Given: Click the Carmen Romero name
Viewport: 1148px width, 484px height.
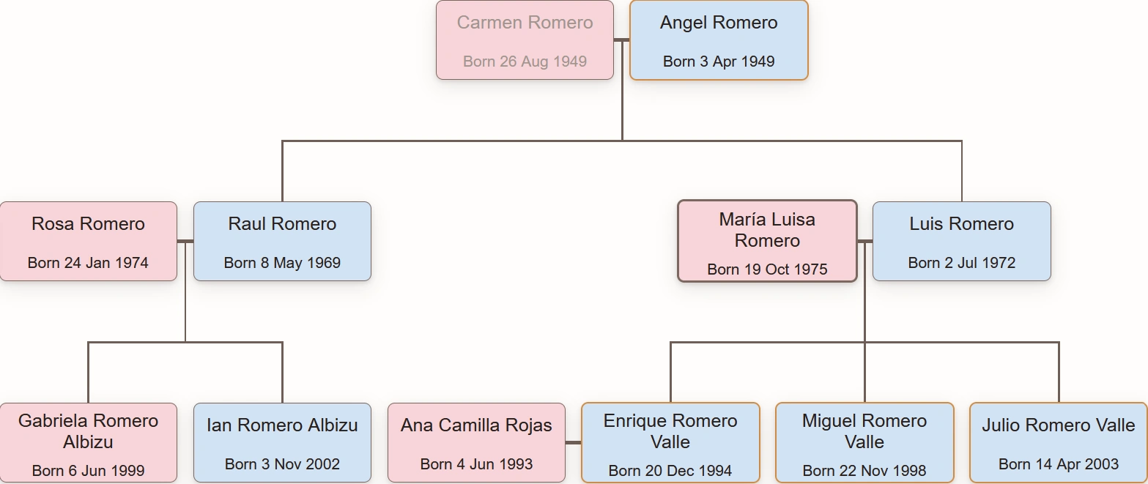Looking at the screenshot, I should click(x=525, y=23).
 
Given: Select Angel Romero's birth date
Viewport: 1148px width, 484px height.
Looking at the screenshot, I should click(x=719, y=62).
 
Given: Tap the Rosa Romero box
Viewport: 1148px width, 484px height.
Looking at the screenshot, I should click(x=88, y=242).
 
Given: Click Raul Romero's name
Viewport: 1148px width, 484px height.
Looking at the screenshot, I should click(x=282, y=224).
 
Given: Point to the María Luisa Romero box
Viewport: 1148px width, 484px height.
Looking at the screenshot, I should click(x=767, y=242).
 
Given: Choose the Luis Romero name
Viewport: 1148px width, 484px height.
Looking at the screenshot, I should click(x=961, y=224).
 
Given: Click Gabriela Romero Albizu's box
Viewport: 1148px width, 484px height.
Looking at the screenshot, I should click(x=88, y=443).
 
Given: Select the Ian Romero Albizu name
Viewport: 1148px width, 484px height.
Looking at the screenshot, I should click(x=282, y=425).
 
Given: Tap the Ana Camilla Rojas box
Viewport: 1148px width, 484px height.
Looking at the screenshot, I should click(x=476, y=443).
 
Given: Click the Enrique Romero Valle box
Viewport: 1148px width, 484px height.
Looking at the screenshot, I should click(x=670, y=443).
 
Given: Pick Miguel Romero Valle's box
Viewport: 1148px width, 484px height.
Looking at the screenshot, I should click(x=864, y=443).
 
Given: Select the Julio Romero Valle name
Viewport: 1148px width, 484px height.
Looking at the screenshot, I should click(x=1059, y=425).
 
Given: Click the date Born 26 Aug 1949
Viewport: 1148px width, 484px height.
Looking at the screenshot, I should click(x=525, y=62).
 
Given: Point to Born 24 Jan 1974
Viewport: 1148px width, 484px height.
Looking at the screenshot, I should click(x=88, y=263).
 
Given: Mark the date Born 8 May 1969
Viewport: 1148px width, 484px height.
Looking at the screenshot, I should click(x=282, y=263).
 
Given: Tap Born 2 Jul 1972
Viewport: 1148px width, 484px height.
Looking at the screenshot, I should click(x=961, y=263).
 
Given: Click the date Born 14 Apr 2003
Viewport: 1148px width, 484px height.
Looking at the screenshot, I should click(x=1059, y=464).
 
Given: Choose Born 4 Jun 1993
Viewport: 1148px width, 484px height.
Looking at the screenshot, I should click(x=476, y=464).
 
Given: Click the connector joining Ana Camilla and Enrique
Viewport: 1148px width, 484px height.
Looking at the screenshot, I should click(x=573, y=443).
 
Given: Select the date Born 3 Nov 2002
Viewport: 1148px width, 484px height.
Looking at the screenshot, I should click(x=282, y=464).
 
